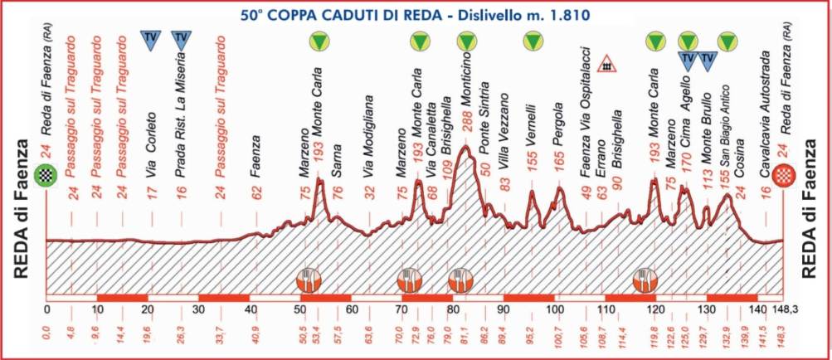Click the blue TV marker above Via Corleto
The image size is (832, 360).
click(150, 39)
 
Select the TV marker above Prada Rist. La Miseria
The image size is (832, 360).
click(181, 39)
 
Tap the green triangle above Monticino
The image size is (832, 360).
click(467, 40)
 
